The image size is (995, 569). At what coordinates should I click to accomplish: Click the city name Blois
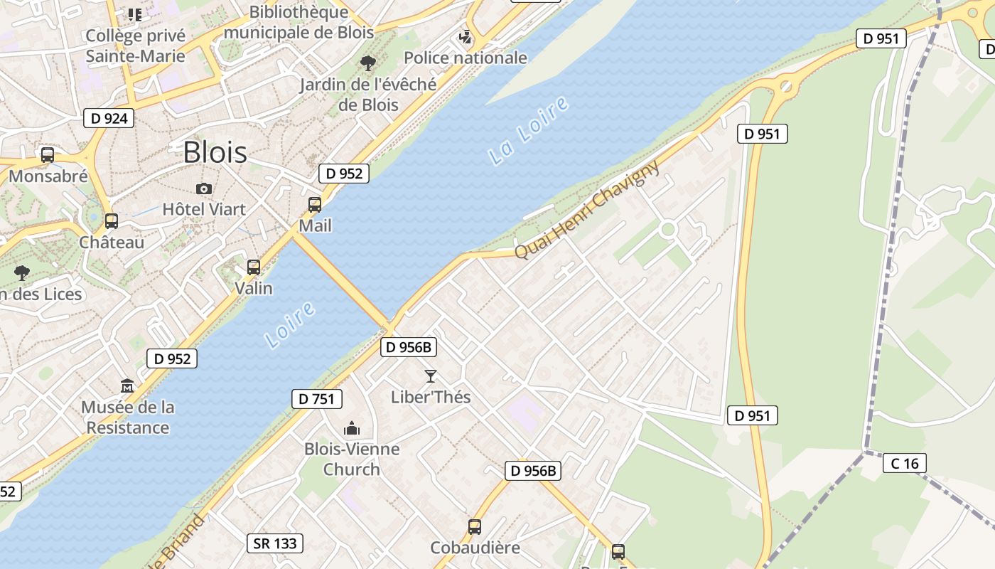(x=215, y=152)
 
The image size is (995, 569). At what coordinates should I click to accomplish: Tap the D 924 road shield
(x=109, y=118)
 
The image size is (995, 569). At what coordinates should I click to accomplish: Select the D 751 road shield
(x=316, y=399)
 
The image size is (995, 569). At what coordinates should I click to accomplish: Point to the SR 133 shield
(x=275, y=543)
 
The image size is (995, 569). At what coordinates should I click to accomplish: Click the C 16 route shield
(x=905, y=464)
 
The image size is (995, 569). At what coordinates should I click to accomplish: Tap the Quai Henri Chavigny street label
(x=586, y=211)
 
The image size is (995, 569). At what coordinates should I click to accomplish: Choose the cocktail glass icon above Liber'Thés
(x=430, y=376)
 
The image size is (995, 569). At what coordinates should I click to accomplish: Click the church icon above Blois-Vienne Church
(x=351, y=428)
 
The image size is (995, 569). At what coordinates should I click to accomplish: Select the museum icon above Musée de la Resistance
(x=127, y=386)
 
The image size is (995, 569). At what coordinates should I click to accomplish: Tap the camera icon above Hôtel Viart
(x=204, y=188)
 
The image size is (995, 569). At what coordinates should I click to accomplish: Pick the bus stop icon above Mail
(x=315, y=205)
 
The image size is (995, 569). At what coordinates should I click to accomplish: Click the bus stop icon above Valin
(x=254, y=267)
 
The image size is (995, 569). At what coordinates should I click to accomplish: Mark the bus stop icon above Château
(x=112, y=221)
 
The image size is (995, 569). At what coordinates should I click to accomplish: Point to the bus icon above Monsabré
(x=48, y=155)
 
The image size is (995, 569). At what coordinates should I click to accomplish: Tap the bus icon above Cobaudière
(x=475, y=527)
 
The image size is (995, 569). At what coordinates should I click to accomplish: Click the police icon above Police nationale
(x=466, y=37)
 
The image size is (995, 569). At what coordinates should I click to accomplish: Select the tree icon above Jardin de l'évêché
(x=367, y=63)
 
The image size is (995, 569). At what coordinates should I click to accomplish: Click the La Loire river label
(x=529, y=131)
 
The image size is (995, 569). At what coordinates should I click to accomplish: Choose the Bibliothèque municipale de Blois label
(x=298, y=22)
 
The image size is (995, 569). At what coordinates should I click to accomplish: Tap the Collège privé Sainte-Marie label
(x=135, y=46)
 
